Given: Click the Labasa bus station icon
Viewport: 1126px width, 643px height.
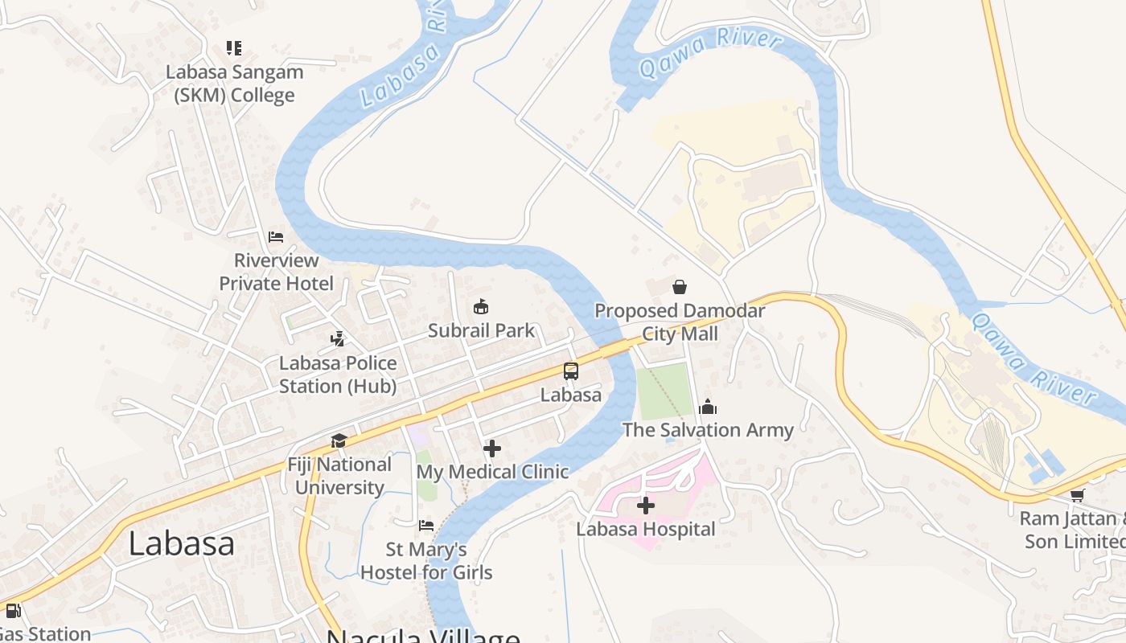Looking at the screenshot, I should tap(571, 371).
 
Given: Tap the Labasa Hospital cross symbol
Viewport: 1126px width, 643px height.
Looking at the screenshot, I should tap(645, 506).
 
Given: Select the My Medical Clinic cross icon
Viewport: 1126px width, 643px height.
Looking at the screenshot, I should tap(492, 448).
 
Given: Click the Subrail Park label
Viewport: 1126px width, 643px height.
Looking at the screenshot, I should tap(481, 330).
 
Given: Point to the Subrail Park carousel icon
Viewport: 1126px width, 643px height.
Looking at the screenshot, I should tap(481, 306).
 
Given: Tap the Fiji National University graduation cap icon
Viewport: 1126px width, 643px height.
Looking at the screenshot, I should tap(339, 441).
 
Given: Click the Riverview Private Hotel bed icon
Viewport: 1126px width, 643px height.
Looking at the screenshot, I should tap(276, 237).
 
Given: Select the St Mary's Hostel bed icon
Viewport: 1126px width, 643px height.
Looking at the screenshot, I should tap(426, 526).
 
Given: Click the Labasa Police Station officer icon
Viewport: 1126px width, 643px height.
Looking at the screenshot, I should tap(338, 339).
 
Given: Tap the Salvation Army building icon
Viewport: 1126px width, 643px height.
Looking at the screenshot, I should tap(708, 407).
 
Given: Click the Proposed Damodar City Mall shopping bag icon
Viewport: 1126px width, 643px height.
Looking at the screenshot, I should tap(680, 286).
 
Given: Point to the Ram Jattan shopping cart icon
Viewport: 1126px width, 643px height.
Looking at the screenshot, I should tap(1077, 495).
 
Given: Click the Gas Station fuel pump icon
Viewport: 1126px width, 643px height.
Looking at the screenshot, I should tap(13, 611).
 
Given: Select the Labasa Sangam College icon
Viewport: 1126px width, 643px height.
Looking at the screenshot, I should tap(234, 48).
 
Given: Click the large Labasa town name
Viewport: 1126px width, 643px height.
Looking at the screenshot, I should tap(181, 544).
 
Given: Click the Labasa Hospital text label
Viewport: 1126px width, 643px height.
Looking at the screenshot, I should tap(646, 529).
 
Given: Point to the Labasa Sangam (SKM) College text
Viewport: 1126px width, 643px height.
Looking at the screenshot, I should tap(235, 84).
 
